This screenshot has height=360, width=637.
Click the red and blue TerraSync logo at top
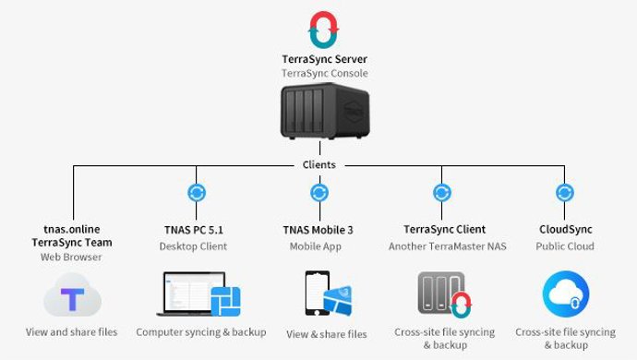(318, 29)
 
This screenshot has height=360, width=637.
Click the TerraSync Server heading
(318, 58)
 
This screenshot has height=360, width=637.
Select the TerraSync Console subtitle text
(318, 72)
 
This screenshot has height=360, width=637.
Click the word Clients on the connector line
(318, 164)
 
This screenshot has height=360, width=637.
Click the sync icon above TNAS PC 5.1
(196, 193)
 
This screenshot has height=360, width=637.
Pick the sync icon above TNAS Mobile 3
(318, 193)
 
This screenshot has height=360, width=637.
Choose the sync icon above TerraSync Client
(443, 193)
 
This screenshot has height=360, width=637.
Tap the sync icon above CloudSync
(565, 193)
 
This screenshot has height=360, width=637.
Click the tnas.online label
(72, 229)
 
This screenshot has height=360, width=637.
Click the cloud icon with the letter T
(72, 298)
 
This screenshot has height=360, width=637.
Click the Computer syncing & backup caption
(201, 332)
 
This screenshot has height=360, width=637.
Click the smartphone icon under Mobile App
(318, 295)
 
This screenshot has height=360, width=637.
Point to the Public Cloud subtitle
(565, 246)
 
